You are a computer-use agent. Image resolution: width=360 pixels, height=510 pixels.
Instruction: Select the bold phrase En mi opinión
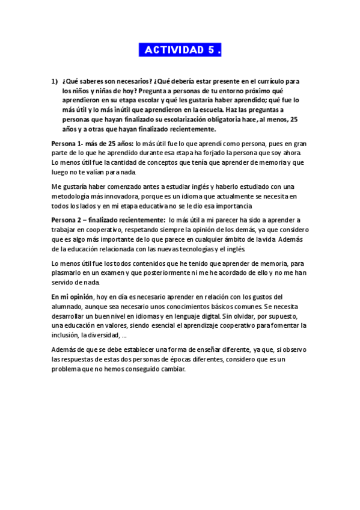coord(72,296)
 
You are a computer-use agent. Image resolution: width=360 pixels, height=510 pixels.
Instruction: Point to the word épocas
coord(191,360)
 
